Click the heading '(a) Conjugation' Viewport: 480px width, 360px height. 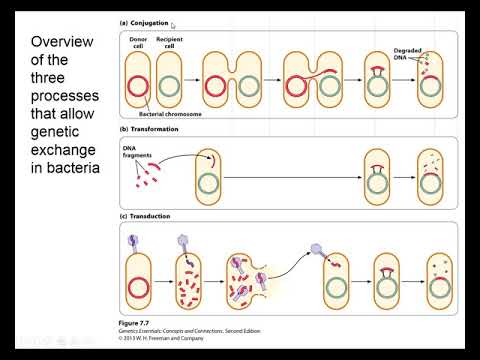point(145,21)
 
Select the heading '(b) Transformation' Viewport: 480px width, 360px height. point(150,130)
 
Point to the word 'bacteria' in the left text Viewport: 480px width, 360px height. point(64,166)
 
